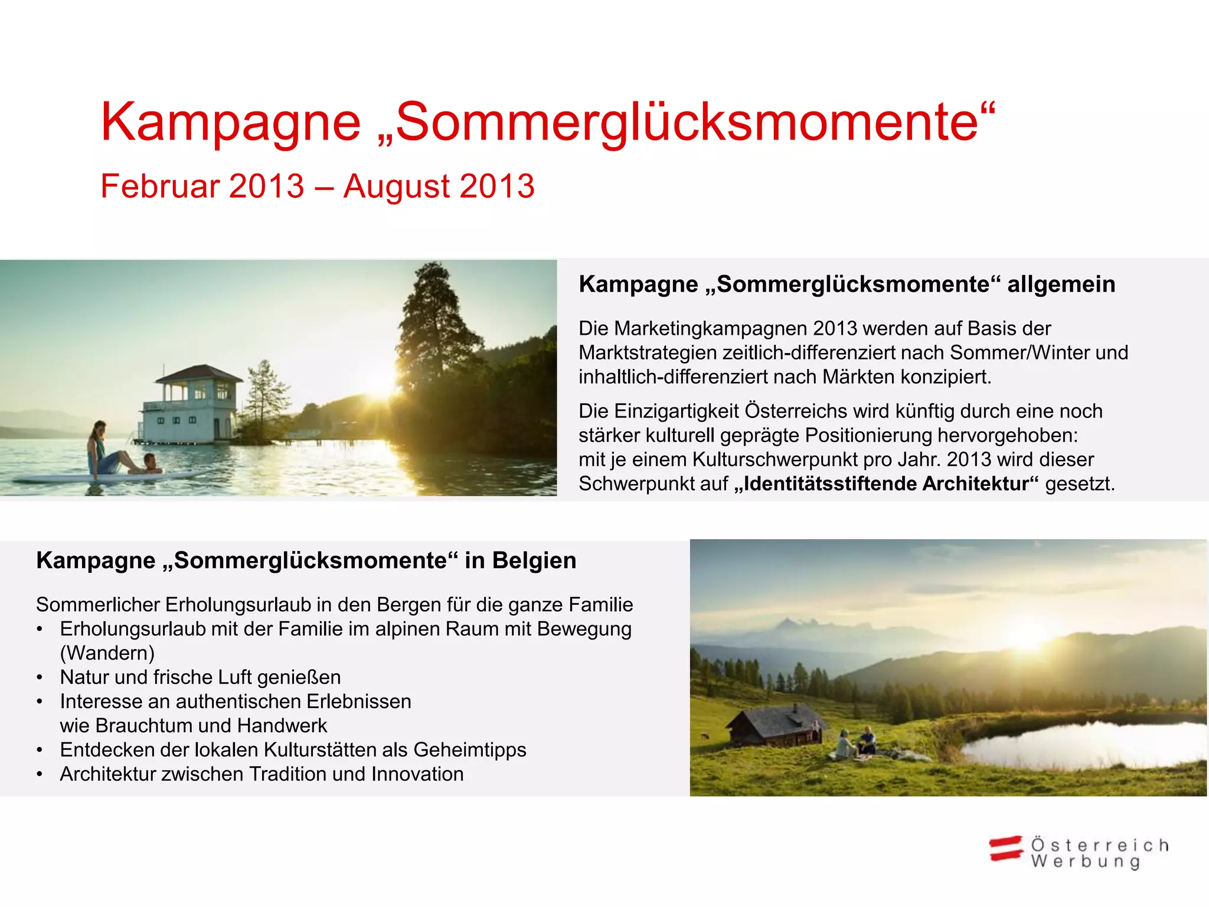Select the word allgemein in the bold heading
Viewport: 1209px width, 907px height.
coord(1061,285)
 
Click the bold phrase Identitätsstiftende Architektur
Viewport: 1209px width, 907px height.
coord(886,484)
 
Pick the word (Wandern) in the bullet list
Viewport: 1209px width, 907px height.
coord(107,653)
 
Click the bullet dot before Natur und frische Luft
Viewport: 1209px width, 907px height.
coord(40,678)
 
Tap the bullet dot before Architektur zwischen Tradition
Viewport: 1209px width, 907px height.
coord(40,775)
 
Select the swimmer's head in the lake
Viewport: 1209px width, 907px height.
coord(150,459)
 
